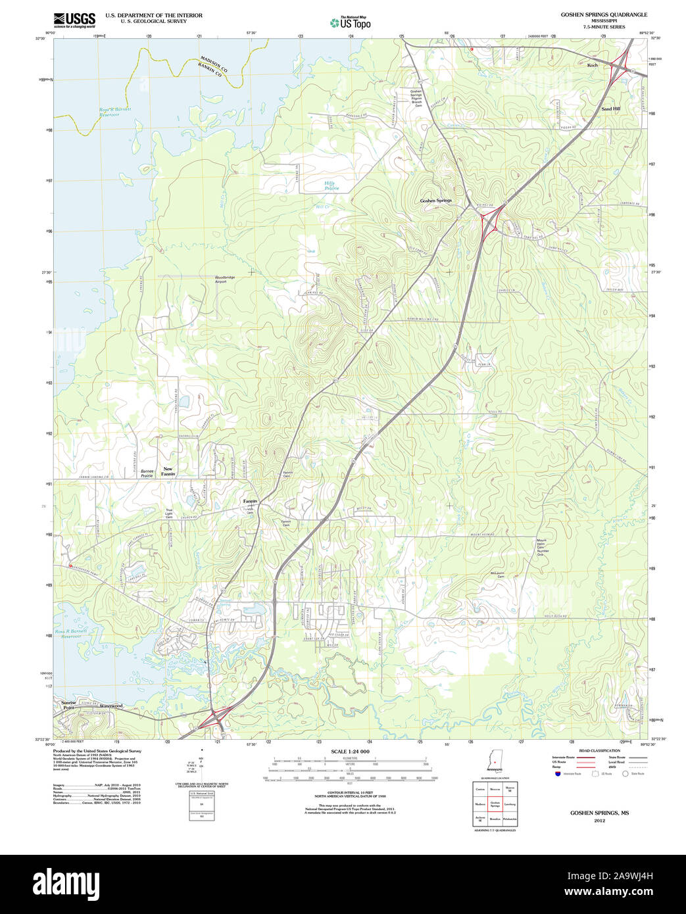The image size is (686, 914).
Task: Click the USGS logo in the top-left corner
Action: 74,20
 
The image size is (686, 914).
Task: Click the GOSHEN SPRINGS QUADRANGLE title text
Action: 603,14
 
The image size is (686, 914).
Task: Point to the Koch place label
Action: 593,66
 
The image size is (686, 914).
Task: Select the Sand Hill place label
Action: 610,108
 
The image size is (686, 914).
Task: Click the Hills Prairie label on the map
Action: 331,185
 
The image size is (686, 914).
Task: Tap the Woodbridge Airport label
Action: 224,279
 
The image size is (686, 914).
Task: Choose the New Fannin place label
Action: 168,471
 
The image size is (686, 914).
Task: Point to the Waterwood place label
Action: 111,706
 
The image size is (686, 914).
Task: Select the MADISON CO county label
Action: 214,64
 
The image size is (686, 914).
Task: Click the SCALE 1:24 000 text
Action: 350,752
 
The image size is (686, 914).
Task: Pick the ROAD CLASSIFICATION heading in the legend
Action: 599,750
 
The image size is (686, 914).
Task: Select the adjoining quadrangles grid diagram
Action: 495,804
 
